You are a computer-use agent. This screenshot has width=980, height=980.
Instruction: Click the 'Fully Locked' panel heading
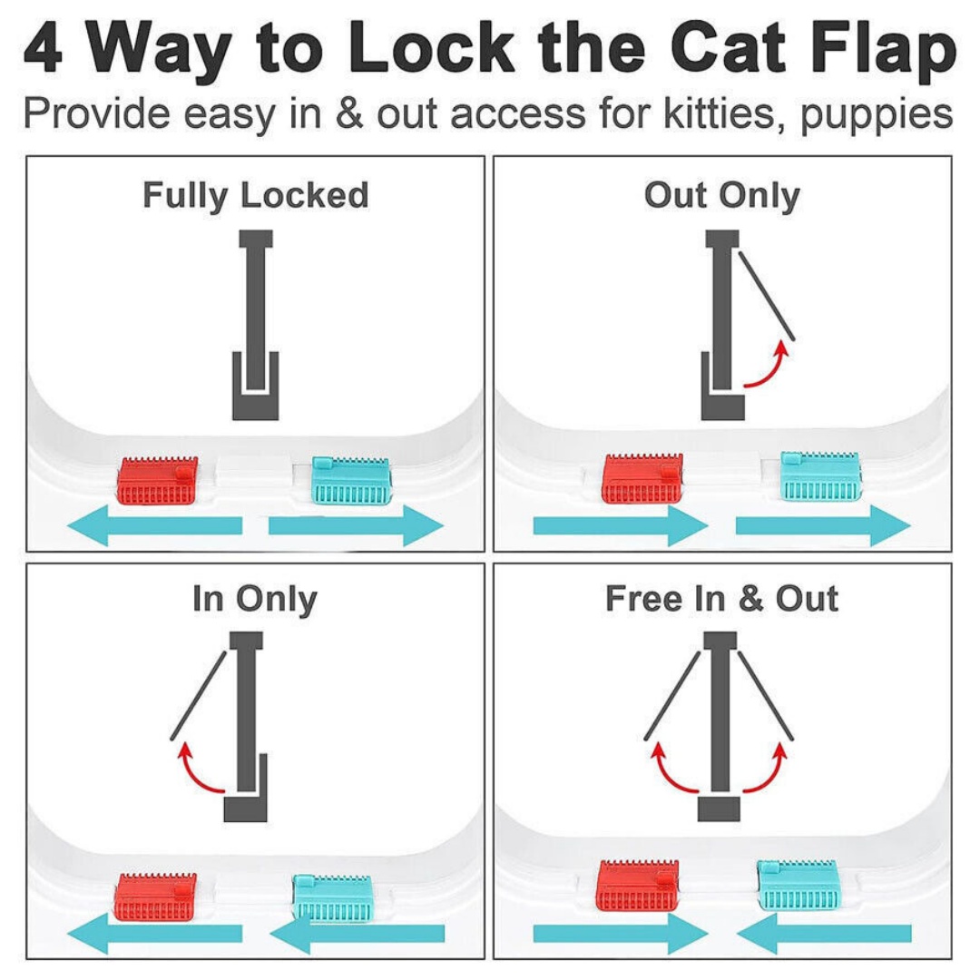[x=255, y=195]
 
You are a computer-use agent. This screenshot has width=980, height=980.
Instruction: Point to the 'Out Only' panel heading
[x=722, y=195]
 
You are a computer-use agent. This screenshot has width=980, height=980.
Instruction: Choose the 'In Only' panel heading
[x=255, y=600]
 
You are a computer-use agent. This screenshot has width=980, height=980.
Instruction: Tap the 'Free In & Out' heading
[x=722, y=600]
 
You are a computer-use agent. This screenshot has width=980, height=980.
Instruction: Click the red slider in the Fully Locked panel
[x=157, y=481]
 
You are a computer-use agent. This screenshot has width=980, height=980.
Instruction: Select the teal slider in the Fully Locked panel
[x=352, y=481]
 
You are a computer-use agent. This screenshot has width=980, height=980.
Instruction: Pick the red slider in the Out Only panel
[x=642, y=478]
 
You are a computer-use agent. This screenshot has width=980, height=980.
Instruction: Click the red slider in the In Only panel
[x=155, y=896]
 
